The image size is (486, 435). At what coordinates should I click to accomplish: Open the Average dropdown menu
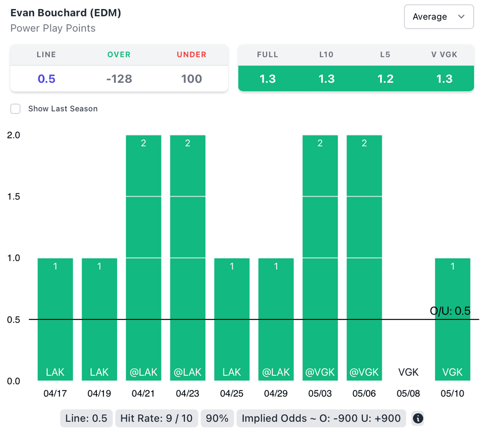[x=439, y=17]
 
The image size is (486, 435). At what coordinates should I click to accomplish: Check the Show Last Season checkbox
[x=16, y=109]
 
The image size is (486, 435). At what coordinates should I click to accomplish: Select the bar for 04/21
[x=143, y=258]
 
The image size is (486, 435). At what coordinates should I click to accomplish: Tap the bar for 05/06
[x=364, y=258]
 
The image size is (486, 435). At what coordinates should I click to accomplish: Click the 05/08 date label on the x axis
[x=408, y=393]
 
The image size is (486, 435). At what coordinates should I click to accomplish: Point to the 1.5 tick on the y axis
[x=13, y=197]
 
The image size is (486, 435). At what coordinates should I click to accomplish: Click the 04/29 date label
[x=276, y=393]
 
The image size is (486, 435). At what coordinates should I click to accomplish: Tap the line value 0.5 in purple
[x=47, y=79]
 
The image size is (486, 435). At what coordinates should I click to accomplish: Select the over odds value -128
[x=119, y=79]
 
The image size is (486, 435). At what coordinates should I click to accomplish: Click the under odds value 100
[x=191, y=79]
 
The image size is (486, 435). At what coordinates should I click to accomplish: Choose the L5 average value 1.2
[x=385, y=79]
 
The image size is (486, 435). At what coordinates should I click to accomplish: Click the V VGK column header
[x=444, y=54]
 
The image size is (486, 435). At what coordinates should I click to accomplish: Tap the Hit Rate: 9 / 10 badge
[x=156, y=418]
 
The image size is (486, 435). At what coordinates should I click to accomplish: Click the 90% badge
[x=217, y=418]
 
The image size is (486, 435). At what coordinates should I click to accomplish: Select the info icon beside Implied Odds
[x=418, y=418]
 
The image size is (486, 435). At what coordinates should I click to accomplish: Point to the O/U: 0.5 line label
[x=449, y=311]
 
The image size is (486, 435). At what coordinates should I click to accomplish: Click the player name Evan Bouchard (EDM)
[x=65, y=13]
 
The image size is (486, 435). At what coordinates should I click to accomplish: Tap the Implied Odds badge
[x=321, y=418]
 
